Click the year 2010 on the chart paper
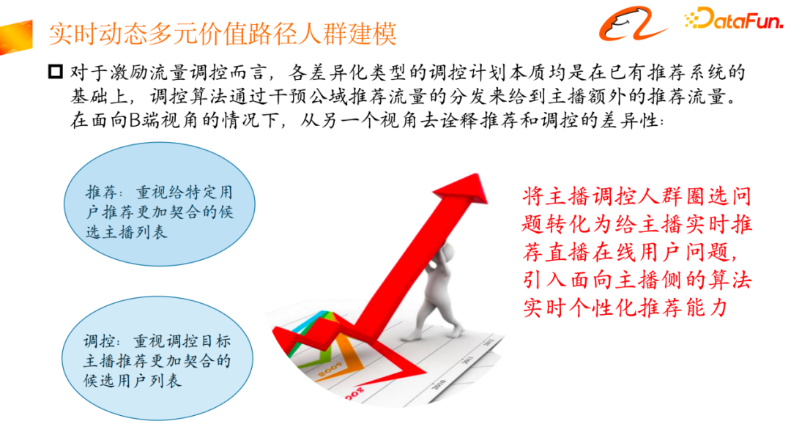[x=439, y=384]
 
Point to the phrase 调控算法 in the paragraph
[x=205, y=97]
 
